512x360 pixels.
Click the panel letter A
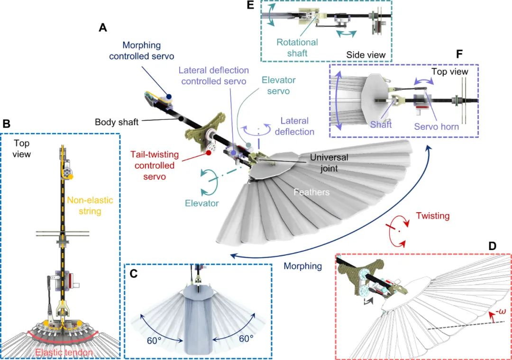tap(102, 28)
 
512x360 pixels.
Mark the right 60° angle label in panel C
tap(245, 339)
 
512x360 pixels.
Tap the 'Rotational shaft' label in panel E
tap(297, 47)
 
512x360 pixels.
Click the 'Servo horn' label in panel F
tap(436, 127)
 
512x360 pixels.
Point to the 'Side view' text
tap(366, 55)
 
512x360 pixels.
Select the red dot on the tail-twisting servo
tap(209, 153)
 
